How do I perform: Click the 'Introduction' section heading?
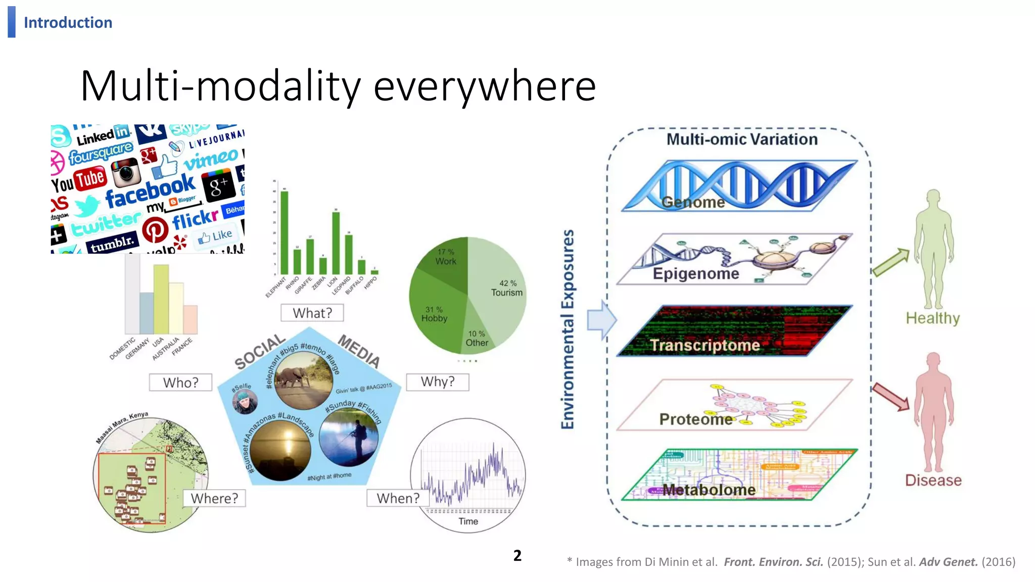tap(68, 23)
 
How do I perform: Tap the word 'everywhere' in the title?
tap(485, 86)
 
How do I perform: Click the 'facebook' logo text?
tap(150, 190)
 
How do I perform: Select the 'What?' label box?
tap(312, 313)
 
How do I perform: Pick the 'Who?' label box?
tap(180, 382)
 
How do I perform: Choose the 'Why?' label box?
tap(438, 381)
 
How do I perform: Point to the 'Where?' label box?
tap(214, 498)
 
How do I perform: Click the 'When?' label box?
tap(398, 498)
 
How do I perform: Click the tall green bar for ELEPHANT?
tap(285, 232)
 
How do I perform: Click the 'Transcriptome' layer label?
tap(704, 345)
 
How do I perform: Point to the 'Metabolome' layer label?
tap(709, 490)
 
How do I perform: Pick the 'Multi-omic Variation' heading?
tap(742, 139)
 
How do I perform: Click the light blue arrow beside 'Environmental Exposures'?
tap(601, 320)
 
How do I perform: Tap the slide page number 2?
tap(517, 555)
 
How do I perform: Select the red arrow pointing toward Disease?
tap(890, 397)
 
